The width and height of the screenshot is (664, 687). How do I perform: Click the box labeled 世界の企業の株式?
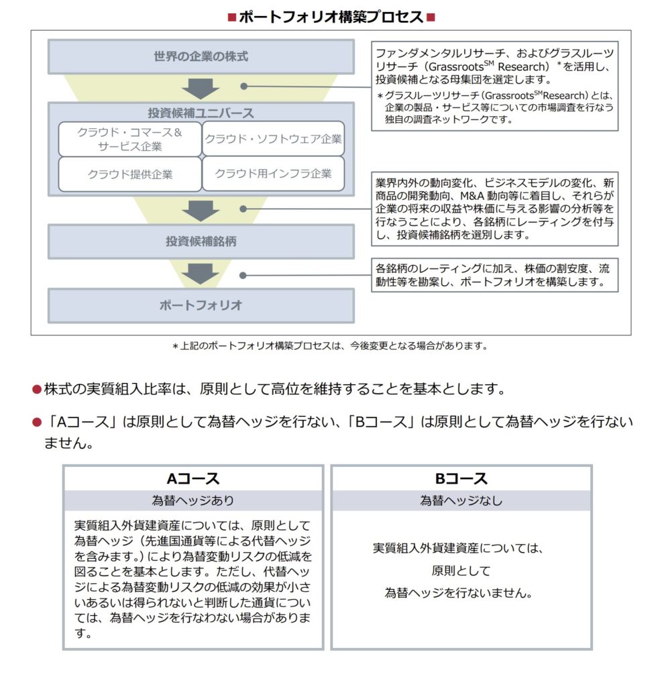tap(201, 56)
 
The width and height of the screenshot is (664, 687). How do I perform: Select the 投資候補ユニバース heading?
tap(201, 113)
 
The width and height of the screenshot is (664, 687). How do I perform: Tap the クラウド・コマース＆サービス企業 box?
tap(129, 139)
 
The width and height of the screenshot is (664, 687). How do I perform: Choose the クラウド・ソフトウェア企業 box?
tap(273, 139)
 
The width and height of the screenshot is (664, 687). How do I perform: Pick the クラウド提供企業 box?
tap(129, 174)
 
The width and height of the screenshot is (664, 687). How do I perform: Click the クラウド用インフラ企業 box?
tap(273, 174)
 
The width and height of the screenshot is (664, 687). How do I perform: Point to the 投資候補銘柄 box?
tap(201, 242)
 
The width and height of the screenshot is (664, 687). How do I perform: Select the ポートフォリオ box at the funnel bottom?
tap(201, 305)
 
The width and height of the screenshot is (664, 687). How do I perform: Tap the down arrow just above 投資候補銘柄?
tap(201, 211)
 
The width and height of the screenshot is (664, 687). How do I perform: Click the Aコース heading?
tap(193, 479)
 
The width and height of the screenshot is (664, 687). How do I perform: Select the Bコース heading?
tap(461, 479)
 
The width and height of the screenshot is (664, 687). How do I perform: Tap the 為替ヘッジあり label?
tap(193, 500)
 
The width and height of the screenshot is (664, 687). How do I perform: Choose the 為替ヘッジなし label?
tap(461, 500)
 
